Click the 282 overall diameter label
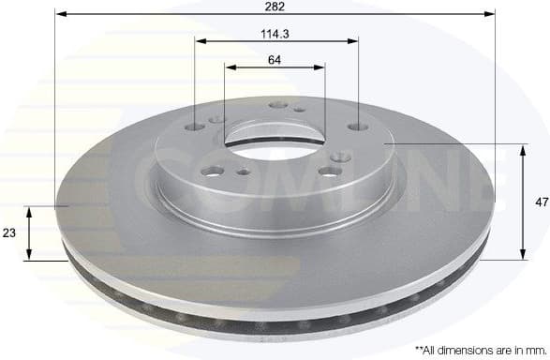[x=275, y=7]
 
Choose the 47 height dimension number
[x=540, y=202]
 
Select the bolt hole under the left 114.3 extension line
[x=196, y=127]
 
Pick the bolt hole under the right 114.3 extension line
[x=357, y=127]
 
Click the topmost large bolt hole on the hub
[x=276, y=105]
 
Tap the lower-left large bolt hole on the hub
[x=213, y=171]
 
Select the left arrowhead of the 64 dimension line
[x=230, y=67]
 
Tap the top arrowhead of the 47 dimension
[x=522, y=148]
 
